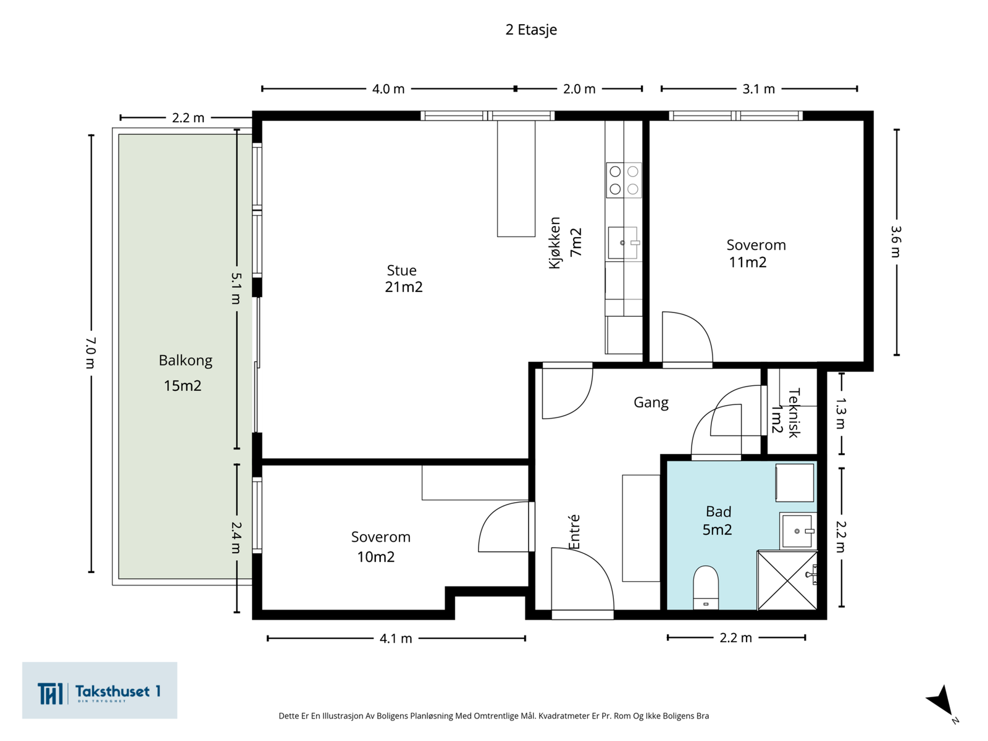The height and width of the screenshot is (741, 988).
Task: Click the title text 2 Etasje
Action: (531, 30)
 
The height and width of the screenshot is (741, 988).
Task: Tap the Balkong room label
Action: (185, 361)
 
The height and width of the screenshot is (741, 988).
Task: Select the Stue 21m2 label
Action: (403, 278)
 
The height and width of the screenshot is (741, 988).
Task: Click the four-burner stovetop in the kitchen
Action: (624, 180)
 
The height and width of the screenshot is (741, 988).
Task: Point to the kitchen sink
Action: (623, 243)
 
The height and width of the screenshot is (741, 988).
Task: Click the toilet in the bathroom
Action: (705, 588)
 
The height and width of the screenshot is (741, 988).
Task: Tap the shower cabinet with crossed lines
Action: (787, 580)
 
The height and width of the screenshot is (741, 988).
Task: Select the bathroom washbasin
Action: (798, 531)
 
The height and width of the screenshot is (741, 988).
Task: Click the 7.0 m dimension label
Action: (91, 353)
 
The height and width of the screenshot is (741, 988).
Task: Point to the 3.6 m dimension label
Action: (896, 241)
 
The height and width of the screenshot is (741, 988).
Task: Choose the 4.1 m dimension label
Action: (396, 638)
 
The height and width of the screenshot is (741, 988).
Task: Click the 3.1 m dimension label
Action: (758, 89)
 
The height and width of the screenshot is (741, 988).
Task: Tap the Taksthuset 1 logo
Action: (99, 690)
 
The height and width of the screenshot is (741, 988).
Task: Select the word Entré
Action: (574, 532)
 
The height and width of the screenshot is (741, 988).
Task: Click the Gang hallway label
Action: (651, 403)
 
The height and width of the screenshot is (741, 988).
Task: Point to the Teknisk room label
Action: (793, 412)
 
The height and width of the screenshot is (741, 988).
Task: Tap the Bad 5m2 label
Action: (718, 521)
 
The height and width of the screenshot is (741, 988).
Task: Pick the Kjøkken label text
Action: (555, 243)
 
